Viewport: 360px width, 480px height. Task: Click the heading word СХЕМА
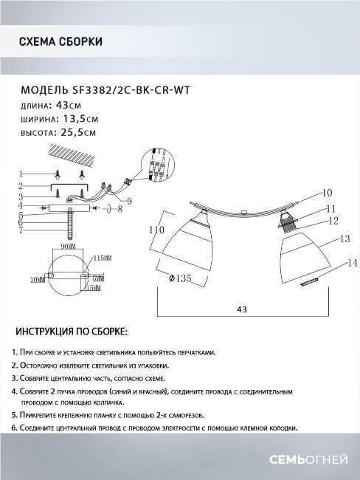(x=37, y=41)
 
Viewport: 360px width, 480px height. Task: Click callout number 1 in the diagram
(x=22, y=172)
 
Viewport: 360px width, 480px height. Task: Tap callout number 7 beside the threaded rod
(x=22, y=230)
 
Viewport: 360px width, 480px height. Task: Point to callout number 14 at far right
(x=352, y=263)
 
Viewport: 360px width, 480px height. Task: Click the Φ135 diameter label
(x=180, y=278)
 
